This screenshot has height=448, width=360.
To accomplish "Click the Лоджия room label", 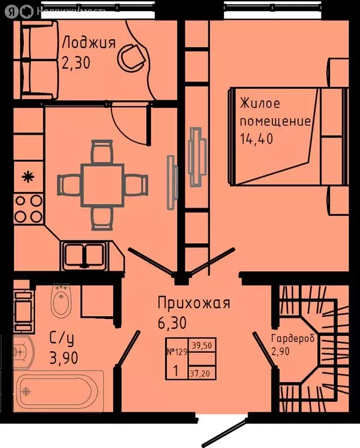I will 89,43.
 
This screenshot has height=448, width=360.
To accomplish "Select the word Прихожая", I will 194,303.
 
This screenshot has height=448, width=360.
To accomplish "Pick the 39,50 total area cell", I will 201,345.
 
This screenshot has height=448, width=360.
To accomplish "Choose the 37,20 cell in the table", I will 201,371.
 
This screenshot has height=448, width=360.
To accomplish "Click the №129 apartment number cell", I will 177,352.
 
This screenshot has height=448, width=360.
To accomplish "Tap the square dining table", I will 102,184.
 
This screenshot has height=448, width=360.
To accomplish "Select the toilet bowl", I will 61,301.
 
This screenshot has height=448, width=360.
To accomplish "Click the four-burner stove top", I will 27,208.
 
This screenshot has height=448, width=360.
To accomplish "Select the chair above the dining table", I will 102,152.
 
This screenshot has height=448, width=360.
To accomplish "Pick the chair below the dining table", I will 102,217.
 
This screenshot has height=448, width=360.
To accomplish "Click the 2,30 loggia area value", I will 76,62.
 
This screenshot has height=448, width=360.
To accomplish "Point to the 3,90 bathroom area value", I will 63,358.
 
